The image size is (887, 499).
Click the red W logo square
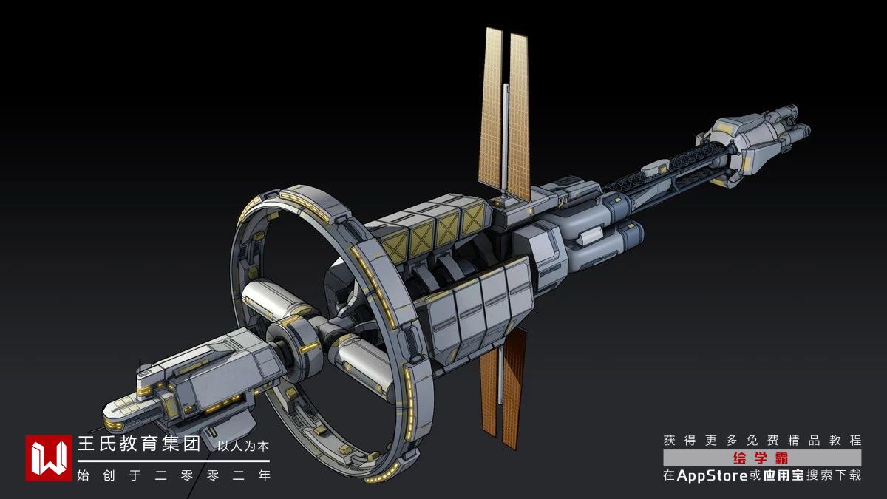[x=49, y=458]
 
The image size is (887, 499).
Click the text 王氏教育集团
[x=139, y=444]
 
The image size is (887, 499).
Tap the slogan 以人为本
[x=243, y=446]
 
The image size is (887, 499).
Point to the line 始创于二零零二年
[x=174, y=475]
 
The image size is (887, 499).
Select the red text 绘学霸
[x=761, y=458]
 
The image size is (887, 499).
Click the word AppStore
[x=713, y=475]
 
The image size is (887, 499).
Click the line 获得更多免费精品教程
[x=762, y=440]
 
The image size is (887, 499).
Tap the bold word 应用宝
[x=784, y=475]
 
